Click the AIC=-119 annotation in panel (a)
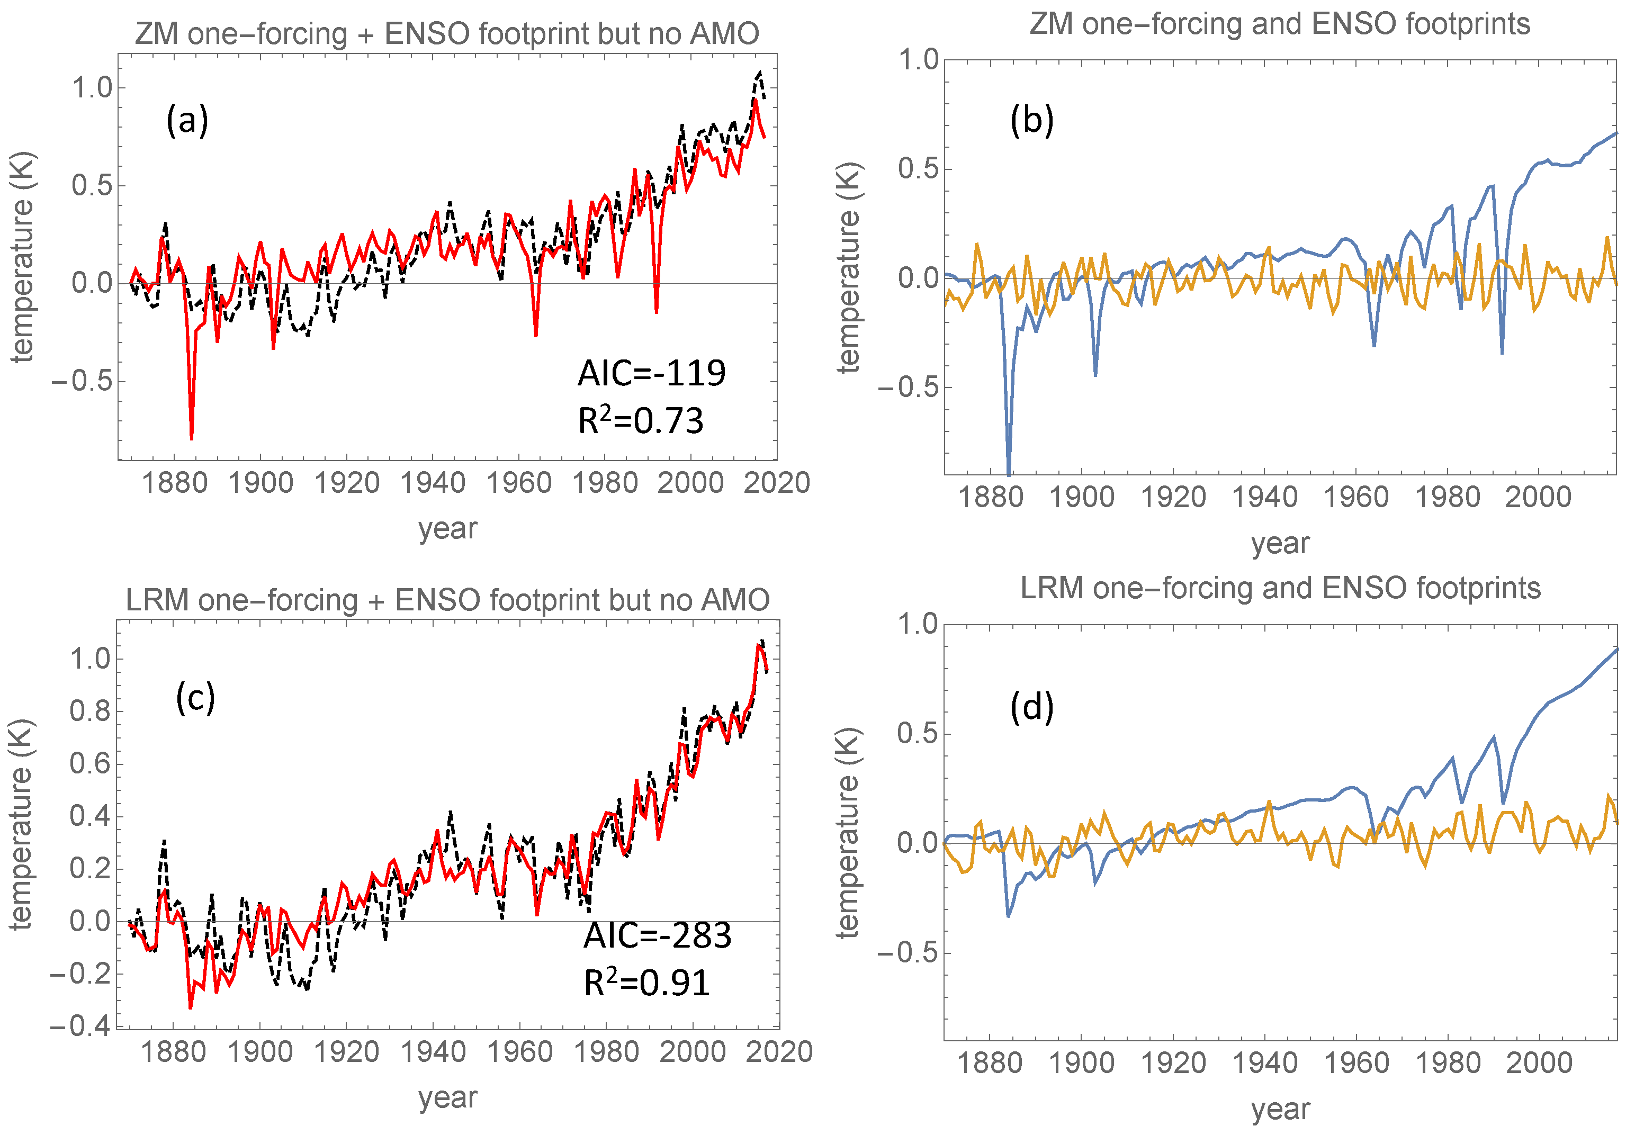[x=651, y=373]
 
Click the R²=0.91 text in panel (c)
[x=646, y=984]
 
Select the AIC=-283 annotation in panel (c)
[x=657, y=935]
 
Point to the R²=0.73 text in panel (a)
[x=640, y=421]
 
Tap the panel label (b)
[x=1031, y=120]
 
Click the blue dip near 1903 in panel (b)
[x=1095, y=375]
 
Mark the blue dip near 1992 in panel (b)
[x=1502, y=353]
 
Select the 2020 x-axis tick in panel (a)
[x=777, y=483]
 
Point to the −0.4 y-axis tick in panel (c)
[x=80, y=1026]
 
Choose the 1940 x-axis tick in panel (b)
[x=1264, y=497]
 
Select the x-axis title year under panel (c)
[x=447, y=1097]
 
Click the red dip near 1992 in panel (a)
[x=657, y=311]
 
